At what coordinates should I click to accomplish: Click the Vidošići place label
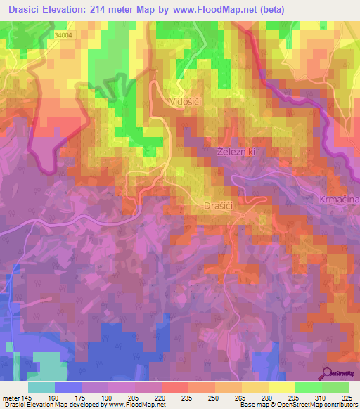click(186, 102)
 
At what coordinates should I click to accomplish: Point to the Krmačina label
click(340, 200)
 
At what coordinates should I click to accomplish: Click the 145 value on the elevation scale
click(25, 397)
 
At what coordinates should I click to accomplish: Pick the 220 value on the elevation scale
click(161, 397)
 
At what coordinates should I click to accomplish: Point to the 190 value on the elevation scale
click(107, 397)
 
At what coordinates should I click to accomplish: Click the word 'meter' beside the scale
click(9, 397)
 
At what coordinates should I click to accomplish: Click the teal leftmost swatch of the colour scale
click(41, 387)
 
